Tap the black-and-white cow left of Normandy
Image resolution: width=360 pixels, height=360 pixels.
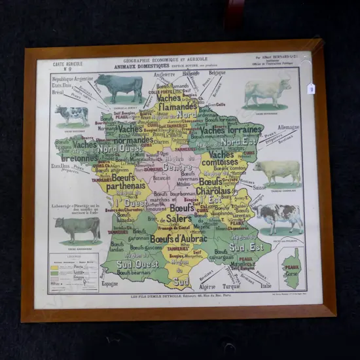tap(72, 115)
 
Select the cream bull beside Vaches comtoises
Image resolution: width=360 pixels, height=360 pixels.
tap(278, 171)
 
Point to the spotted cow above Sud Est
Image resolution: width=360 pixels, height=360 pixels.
tap(278, 215)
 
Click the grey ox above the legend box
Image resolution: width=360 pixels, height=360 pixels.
tap(78, 228)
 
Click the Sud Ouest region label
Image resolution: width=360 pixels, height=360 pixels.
tap(137, 264)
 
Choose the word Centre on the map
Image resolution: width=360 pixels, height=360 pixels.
tap(178, 167)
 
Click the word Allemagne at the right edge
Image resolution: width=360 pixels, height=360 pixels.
tap(288, 128)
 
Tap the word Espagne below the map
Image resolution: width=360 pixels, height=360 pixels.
tap(110, 283)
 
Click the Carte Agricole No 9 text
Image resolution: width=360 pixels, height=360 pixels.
tap(68, 66)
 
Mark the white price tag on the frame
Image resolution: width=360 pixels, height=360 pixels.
tap(311, 88)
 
